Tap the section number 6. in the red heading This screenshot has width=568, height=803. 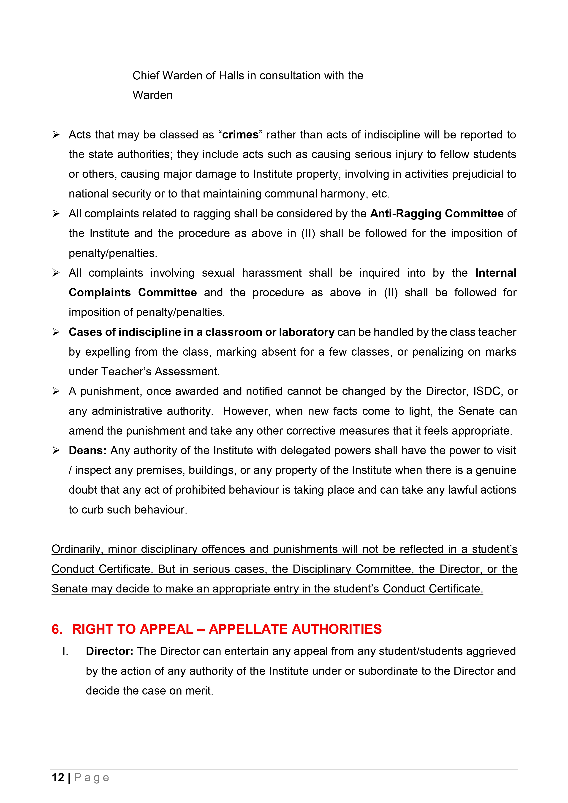[x=57, y=629]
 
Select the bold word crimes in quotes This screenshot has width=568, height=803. [x=240, y=135]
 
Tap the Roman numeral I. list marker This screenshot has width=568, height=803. [x=65, y=651]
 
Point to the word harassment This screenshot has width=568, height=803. [x=272, y=273]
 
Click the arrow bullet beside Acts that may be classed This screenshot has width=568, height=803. [x=56, y=135]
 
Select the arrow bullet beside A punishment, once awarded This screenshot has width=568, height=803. [x=56, y=391]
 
